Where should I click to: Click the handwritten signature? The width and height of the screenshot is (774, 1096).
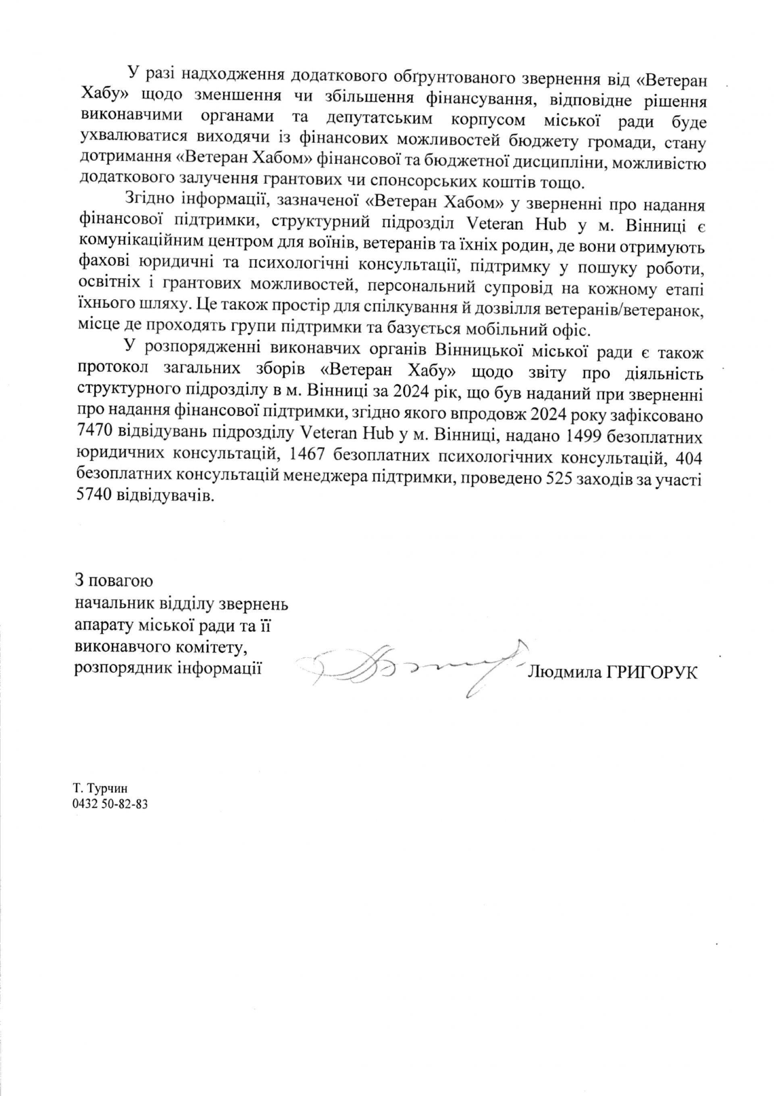pyautogui.click(x=411, y=668)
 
